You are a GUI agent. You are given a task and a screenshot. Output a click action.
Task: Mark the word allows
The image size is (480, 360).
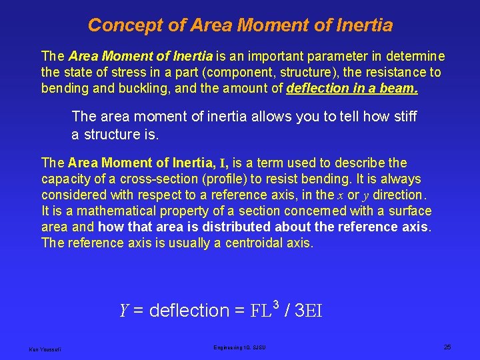(x=271, y=117)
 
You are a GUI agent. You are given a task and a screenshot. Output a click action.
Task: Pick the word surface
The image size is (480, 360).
(x=408, y=211)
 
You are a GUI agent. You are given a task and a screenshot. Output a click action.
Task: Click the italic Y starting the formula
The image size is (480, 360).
(x=123, y=311)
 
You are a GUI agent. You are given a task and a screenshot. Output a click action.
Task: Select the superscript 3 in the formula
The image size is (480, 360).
(x=275, y=303)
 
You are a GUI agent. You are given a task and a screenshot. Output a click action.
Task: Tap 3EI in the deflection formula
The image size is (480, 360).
(x=309, y=311)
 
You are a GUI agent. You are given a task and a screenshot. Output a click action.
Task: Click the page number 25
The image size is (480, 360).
(x=447, y=347)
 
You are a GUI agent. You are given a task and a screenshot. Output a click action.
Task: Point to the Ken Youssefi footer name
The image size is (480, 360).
(x=45, y=349)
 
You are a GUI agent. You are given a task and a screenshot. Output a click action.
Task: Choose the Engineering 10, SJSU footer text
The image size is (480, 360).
(x=239, y=348)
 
